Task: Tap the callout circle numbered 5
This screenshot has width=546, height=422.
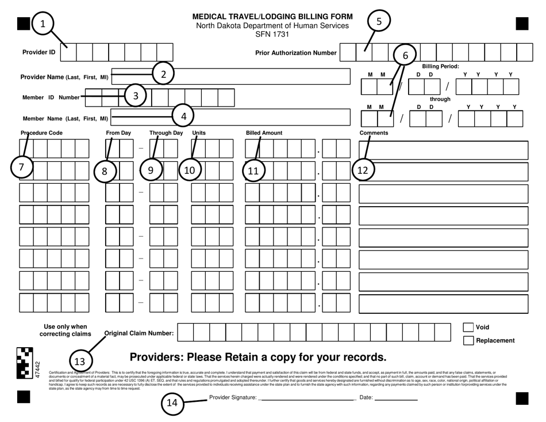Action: (x=378, y=21)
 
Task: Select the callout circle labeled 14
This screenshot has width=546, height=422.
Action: (x=172, y=403)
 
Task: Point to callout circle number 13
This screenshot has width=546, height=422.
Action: (x=80, y=362)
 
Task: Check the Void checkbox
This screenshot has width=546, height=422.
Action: (x=468, y=328)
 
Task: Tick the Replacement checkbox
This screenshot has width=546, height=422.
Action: (x=468, y=341)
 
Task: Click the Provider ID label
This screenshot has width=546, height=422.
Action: (x=39, y=52)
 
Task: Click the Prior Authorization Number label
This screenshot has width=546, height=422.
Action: (x=295, y=53)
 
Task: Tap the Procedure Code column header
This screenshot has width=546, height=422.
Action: (x=41, y=133)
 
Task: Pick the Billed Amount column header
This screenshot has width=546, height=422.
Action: (x=264, y=133)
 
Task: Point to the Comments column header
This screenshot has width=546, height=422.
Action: (x=374, y=133)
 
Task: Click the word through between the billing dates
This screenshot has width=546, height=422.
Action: (x=440, y=99)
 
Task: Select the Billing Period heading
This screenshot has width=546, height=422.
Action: (x=441, y=66)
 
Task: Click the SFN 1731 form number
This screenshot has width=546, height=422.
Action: (x=272, y=34)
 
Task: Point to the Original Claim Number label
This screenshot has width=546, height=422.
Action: (x=139, y=333)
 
